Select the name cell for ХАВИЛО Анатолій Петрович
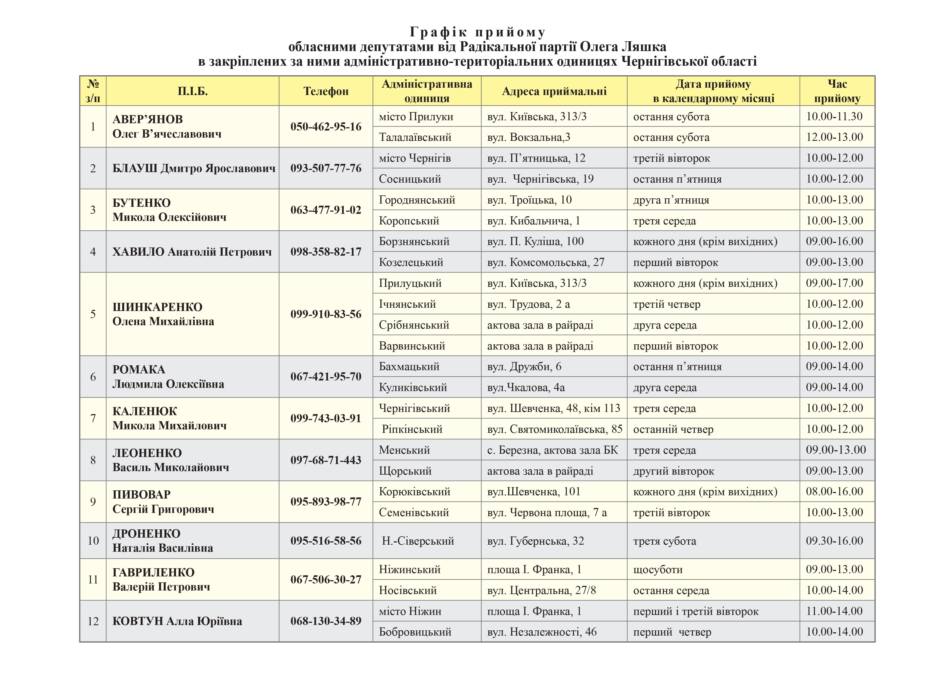pos(192,252)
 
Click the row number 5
pos(93,314)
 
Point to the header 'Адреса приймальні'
pos(554,91)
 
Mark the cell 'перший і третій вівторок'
pos(696,611)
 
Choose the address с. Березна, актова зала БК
pos(552,450)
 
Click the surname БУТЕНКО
pos(141,203)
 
